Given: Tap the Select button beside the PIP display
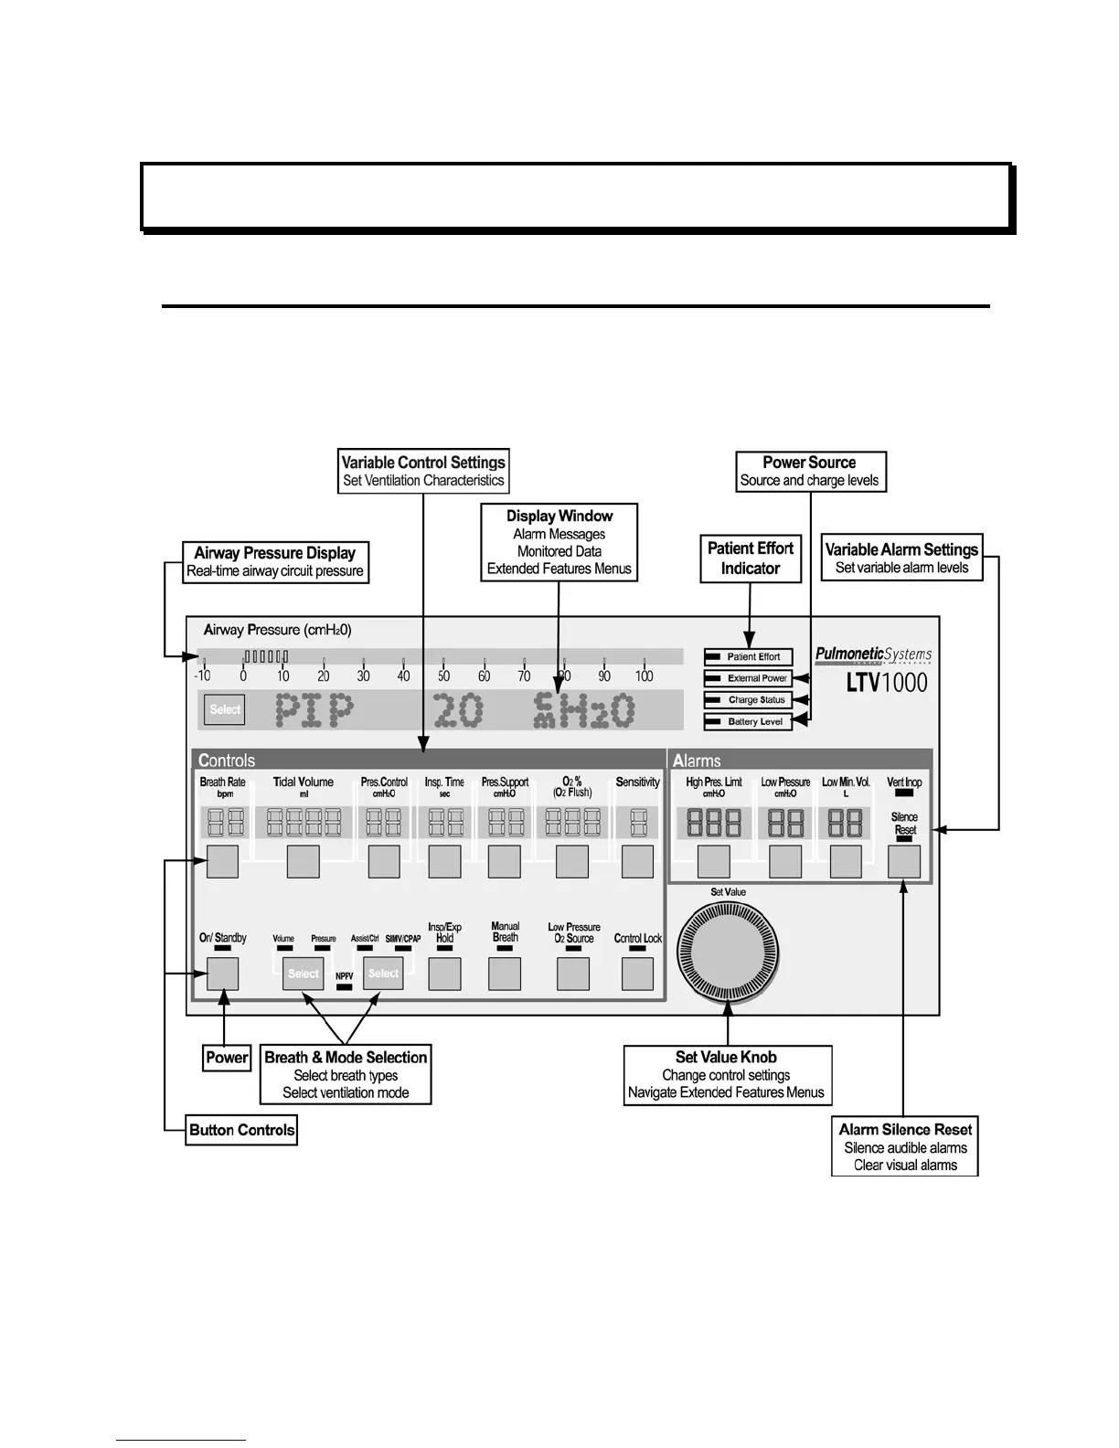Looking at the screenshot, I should [225, 709].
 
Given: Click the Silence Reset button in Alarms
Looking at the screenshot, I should [904, 861].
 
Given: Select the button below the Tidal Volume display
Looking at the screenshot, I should [304, 861].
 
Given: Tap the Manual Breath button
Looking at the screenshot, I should [505, 974].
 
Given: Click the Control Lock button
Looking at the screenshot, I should [637, 974].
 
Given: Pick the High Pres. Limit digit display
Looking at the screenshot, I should [714, 823].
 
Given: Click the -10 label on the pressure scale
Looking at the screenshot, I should [202, 676].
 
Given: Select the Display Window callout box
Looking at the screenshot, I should [559, 542].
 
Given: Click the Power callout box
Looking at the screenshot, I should [227, 1058].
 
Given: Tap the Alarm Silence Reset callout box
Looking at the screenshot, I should [905, 1146].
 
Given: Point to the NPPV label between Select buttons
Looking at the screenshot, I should [345, 976].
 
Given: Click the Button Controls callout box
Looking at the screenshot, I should [241, 1130].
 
